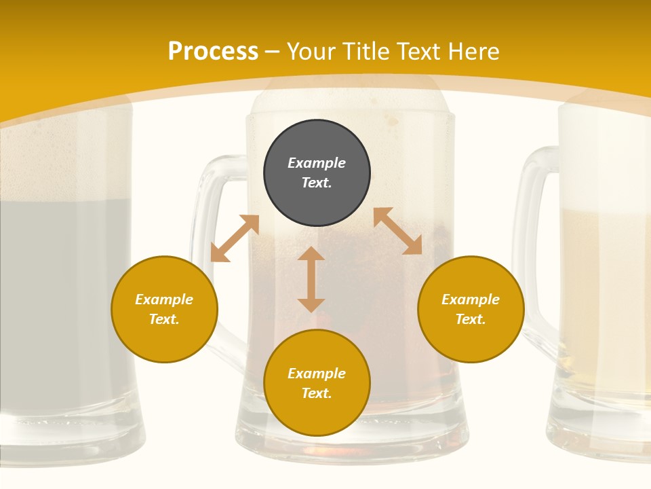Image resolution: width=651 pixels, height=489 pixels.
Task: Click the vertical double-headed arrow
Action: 311,279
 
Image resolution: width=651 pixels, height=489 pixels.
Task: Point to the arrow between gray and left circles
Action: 235,238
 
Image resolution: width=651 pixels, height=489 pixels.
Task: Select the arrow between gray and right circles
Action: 397,231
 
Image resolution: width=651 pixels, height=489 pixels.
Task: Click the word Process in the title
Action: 213,51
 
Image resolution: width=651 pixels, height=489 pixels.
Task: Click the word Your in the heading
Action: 312,51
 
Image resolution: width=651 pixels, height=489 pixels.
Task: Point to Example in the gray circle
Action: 317,163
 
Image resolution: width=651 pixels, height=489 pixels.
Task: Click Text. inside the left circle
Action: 164,319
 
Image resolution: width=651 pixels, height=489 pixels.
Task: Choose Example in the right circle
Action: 471,300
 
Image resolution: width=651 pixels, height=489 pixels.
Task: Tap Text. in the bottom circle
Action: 317,393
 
